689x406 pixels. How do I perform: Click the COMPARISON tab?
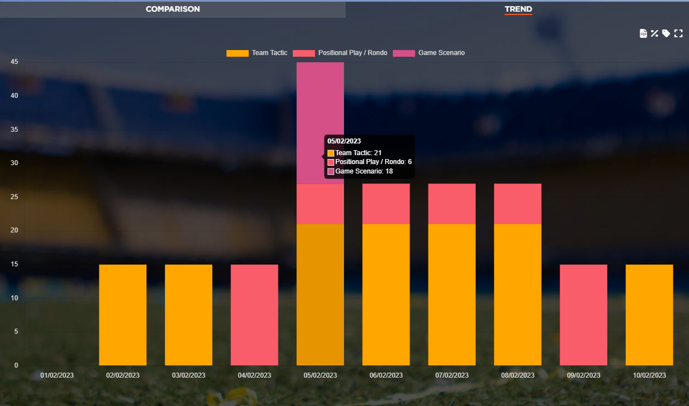tap(173, 9)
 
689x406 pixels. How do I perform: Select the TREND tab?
tap(518, 9)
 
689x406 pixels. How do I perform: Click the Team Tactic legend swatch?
tap(237, 53)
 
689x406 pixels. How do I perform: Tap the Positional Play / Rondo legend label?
tap(352, 53)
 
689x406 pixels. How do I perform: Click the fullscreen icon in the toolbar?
tap(678, 33)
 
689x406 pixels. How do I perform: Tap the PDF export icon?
tap(643, 33)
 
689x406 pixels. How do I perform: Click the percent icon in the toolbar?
tap(655, 33)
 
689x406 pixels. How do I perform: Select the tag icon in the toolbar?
tap(666, 33)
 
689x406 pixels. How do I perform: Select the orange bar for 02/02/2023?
tap(122, 315)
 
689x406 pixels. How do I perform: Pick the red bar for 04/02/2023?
tap(254, 315)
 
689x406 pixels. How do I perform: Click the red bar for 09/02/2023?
tap(583, 315)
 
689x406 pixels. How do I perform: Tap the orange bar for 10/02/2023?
tap(649, 315)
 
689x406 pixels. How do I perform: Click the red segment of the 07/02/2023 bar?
tap(452, 204)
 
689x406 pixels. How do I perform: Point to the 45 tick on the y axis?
tap(14, 62)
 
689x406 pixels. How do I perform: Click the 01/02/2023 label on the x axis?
tap(57, 375)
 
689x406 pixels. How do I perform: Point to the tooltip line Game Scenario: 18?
tap(364, 171)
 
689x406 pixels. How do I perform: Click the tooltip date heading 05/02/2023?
tap(344, 141)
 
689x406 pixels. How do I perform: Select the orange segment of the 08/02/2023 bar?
tap(517, 295)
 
